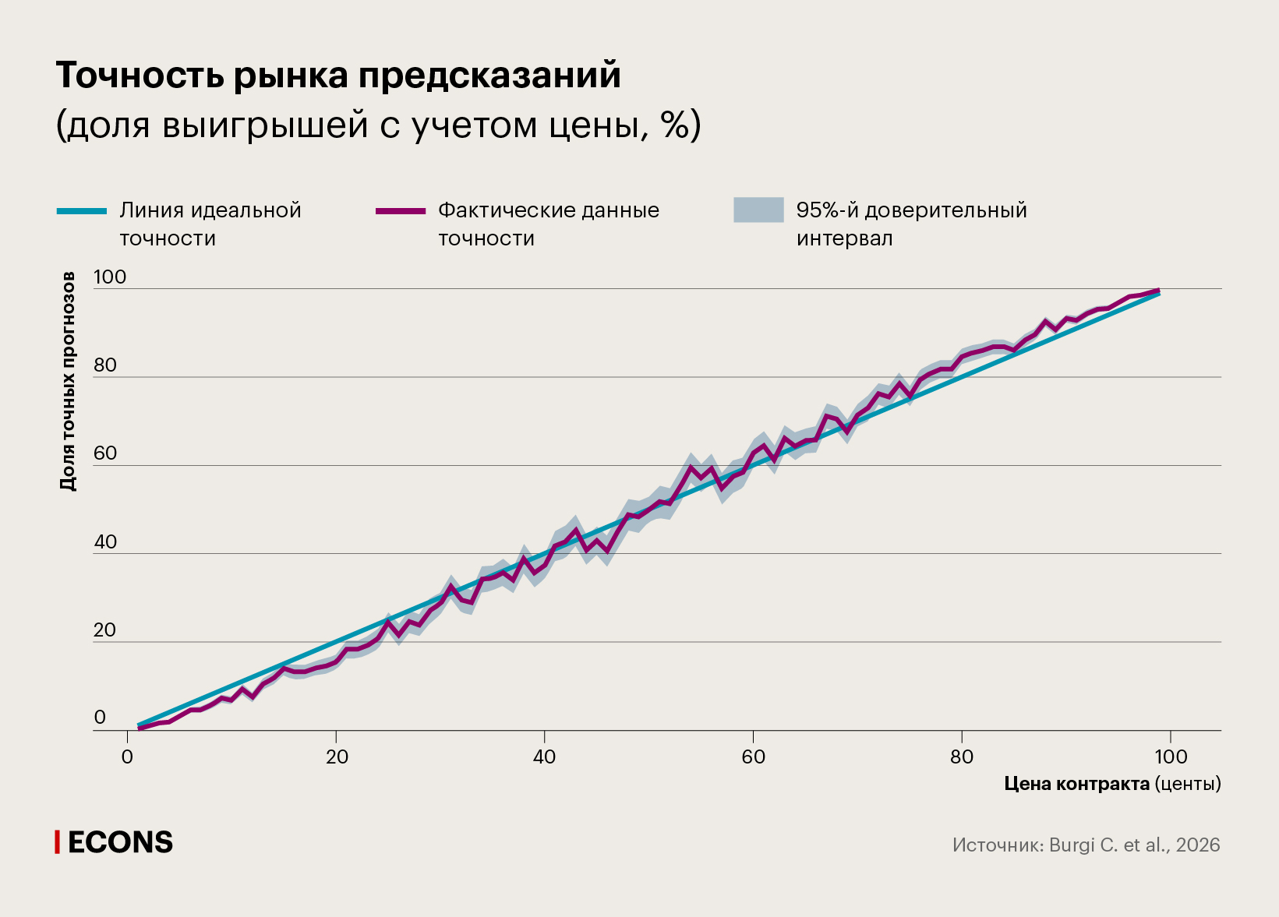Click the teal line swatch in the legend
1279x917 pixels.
coord(81,211)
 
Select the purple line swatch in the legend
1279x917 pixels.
coord(400,211)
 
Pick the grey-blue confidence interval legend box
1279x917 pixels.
coord(758,210)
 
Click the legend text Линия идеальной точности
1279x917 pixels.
coord(210,224)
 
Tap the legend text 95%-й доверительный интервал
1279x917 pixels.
coord(910,224)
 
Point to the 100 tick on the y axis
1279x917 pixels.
coord(109,277)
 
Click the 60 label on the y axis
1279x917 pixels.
coord(104,453)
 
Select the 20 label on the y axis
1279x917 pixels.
coord(104,630)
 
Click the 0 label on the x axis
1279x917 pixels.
coord(127,757)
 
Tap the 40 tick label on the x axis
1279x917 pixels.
coord(544,757)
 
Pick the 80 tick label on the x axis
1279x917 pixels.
coord(961,757)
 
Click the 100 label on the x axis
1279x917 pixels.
coord(1170,757)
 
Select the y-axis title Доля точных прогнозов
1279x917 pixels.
coord(68,381)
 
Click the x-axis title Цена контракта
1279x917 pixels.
coord(1076,784)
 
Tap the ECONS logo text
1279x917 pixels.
coord(120,842)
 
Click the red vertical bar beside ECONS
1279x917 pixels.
coord(57,842)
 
